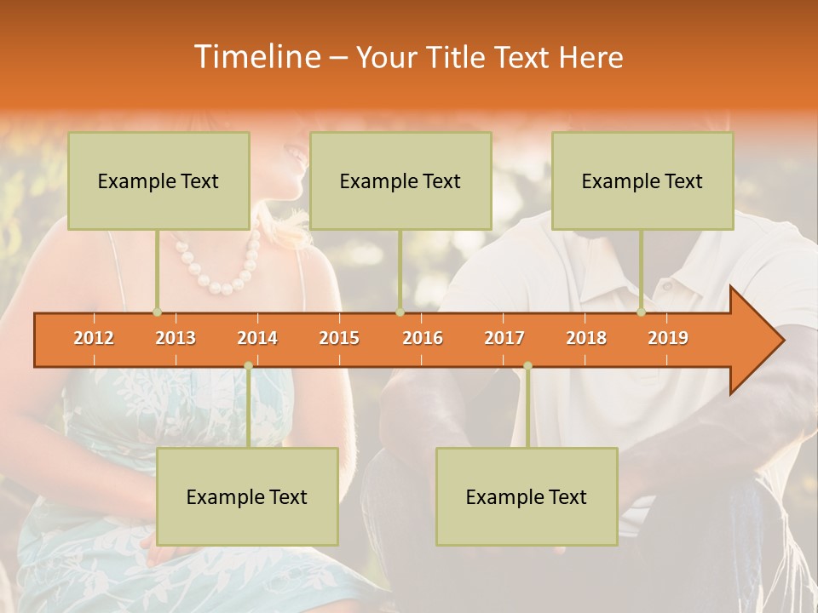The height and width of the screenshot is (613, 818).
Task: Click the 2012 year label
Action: [x=94, y=338]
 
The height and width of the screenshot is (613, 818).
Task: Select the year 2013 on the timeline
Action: [x=176, y=338]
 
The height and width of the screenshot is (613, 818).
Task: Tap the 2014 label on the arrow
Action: [x=257, y=338]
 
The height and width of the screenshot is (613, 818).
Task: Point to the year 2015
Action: [x=339, y=338]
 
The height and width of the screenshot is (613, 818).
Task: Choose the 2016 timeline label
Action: [x=423, y=338]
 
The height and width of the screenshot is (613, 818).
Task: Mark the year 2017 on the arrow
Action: [x=504, y=338]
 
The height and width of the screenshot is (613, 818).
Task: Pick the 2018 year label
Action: [x=586, y=338]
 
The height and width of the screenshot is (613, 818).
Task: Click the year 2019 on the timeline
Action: [x=668, y=338]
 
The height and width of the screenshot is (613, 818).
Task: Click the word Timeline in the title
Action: [x=256, y=57]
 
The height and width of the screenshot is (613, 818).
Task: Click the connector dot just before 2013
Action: [x=157, y=312]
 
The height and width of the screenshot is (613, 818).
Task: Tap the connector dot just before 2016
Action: [x=400, y=312]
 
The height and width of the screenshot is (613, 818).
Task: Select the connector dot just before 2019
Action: [x=642, y=312]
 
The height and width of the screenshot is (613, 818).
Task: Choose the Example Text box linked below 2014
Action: [x=247, y=496]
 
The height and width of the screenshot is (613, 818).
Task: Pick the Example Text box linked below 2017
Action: [x=527, y=496]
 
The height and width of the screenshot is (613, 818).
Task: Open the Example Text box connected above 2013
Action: [x=158, y=180]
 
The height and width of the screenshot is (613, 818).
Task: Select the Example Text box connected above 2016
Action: [x=400, y=180]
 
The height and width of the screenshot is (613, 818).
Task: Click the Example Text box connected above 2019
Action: [x=642, y=180]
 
